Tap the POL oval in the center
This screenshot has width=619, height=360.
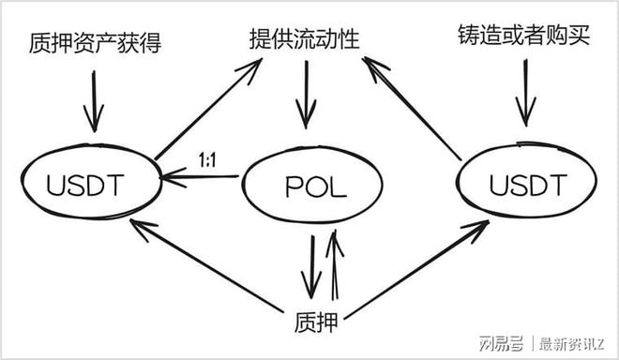[x=313, y=187]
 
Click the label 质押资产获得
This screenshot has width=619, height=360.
[x=94, y=43]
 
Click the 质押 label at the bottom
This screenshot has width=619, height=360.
[x=312, y=323]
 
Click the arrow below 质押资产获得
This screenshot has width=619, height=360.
[x=94, y=100]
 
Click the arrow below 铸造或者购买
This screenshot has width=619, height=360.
[x=525, y=97]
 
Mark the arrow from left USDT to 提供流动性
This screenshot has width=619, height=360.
[x=208, y=108]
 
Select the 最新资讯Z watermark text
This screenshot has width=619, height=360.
[x=572, y=341]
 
